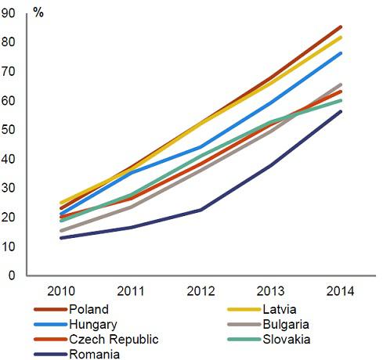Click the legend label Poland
[88, 308]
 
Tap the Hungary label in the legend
[92, 323]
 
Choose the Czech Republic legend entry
[113, 339]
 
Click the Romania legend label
[94, 354]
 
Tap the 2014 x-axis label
[340, 291]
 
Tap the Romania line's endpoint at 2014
[341, 111]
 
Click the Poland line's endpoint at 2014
[341, 27]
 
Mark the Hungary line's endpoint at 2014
[341, 53]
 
